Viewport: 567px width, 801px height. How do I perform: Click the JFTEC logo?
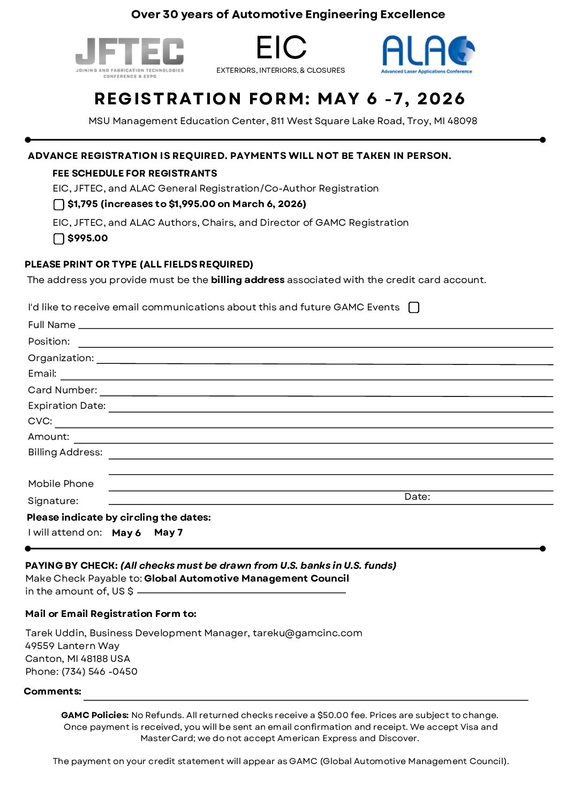[130, 57]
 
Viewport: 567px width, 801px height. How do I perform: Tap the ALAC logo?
[428, 54]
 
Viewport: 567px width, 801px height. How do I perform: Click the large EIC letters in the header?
[281, 48]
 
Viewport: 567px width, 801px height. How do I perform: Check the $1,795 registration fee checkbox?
[59, 204]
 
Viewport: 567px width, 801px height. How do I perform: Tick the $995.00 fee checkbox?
[59, 239]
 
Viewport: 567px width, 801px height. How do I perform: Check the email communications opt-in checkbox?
[414, 307]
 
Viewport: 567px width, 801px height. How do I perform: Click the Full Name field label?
[51, 325]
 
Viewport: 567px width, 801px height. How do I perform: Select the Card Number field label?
[63, 390]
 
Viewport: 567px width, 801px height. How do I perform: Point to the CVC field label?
[40, 421]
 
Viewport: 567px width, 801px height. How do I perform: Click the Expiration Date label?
[67, 406]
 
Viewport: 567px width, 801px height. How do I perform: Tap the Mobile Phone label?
[61, 484]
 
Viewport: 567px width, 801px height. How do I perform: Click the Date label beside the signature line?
[417, 497]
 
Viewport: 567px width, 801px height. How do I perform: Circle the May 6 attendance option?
[126, 533]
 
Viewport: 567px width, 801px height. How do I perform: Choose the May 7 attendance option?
[168, 532]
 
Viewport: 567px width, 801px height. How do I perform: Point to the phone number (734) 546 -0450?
[100, 672]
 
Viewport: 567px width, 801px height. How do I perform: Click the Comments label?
[52, 691]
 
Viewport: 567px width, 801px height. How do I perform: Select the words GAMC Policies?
[95, 715]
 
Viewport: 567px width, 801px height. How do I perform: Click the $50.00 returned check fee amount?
[333, 715]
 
